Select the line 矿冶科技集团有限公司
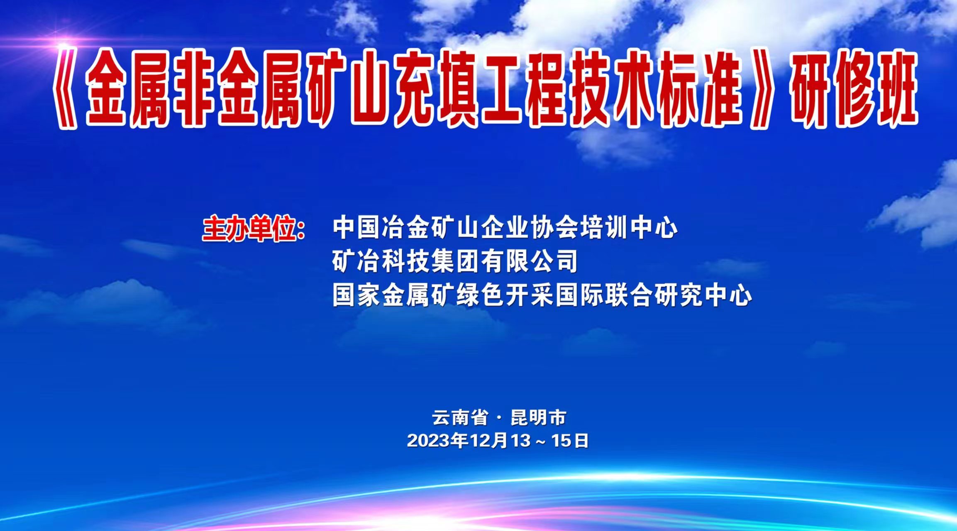coord(455,261)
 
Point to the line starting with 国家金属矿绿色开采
coord(542,295)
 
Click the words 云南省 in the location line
coord(460,417)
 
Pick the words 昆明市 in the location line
coord(538,417)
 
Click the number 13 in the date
coord(521,441)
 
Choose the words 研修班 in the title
coord(853,89)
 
